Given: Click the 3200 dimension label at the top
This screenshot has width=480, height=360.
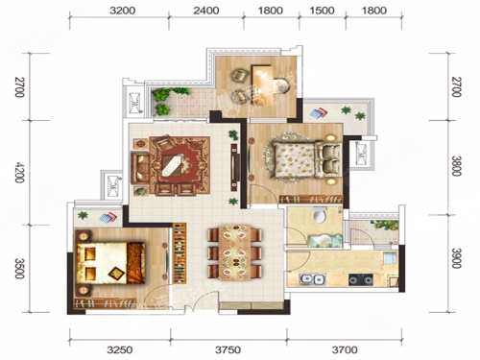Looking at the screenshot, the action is pyautogui.click(x=122, y=11).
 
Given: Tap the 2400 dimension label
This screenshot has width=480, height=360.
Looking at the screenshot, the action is pyautogui.click(x=206, y=11).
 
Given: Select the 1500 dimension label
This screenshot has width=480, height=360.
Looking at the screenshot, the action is pyautogui.click(x=322, y=11).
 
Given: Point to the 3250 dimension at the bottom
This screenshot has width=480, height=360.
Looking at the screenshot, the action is pyautogui.click(x=120, y=349).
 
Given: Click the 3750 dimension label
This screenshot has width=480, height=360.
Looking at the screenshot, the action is pyautogui.click(x=228, y=349).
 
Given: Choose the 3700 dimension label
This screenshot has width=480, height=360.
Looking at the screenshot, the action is pyautogui.click(x=345, y=349).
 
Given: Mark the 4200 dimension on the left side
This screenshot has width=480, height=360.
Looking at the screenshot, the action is pyautogui.click(x=19, y=172).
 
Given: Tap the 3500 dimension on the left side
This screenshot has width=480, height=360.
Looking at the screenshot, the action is pyautogui.click(x=19, y=268).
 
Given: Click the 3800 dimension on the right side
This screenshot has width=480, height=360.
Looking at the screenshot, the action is pyautogui.click(x=456, y=166).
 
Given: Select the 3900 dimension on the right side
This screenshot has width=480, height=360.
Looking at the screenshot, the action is pyautogui.click(x=456, y=258).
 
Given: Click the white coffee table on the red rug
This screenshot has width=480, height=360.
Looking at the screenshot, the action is pyautogui.click(x=173, y=165).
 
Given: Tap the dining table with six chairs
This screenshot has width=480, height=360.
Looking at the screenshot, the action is pyautogui.click(x=235, y=252).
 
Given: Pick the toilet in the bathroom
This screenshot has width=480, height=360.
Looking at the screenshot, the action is pyautogui.click(x=320, y=215).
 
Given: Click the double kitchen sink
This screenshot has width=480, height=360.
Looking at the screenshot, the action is pyautogui.click(x=312, y=279).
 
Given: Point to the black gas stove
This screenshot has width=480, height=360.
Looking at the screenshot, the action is pyautogui.click(x=361, y=279).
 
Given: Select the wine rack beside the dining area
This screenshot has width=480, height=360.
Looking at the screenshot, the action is pyautogui.click(x=180, y=253).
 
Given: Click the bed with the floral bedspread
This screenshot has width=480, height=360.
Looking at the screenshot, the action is pyautogui.click(x=305, y=159).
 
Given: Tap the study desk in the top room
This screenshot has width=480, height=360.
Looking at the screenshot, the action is pyautogui.click(x=262, y=84).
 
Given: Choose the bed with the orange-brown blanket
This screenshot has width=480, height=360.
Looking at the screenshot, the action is pyautogui.click(x=110, y=263).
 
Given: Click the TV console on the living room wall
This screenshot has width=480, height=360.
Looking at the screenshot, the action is pyautogui.click(x=235, y=168).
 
